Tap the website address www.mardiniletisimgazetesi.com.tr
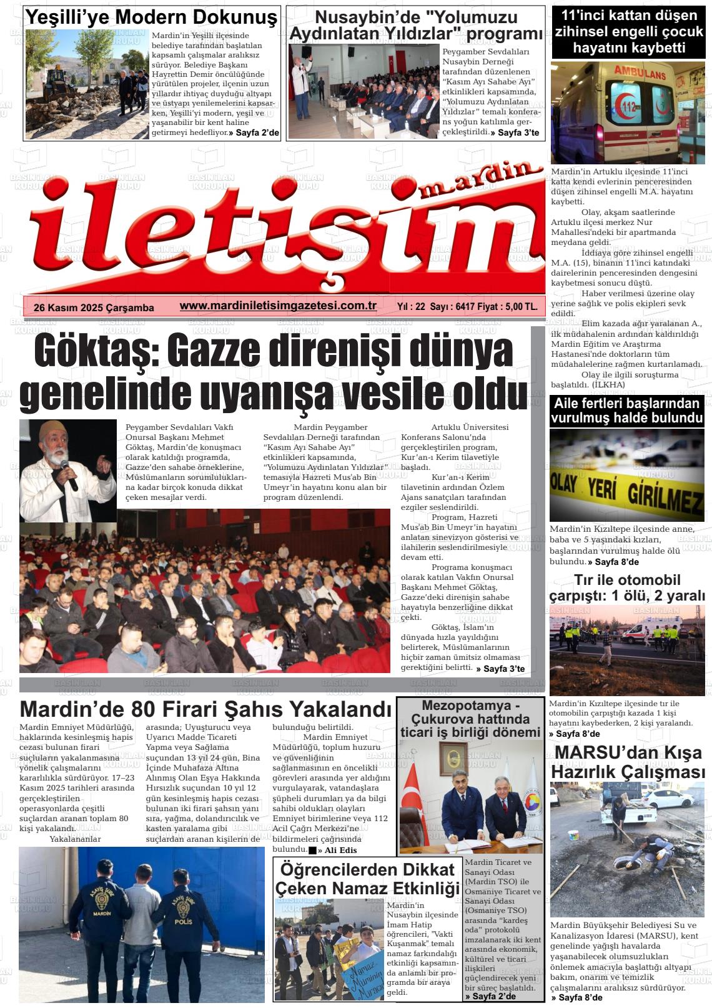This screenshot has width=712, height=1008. [278, 306]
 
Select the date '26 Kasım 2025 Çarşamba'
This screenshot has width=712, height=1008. [94, 307]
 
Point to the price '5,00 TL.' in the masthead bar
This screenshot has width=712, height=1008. [522, 307]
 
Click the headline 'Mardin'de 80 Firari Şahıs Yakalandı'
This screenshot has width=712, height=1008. [205, 709]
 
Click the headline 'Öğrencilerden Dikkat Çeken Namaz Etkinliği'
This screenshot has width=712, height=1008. [367, 878]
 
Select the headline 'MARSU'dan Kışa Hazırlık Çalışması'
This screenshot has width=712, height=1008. [627, 762]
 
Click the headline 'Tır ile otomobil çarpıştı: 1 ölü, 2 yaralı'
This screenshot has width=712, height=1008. [627, 587]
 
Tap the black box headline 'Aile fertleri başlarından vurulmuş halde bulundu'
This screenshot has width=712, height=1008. [627, 410]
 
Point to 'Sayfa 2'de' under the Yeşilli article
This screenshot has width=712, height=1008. [257, 132]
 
